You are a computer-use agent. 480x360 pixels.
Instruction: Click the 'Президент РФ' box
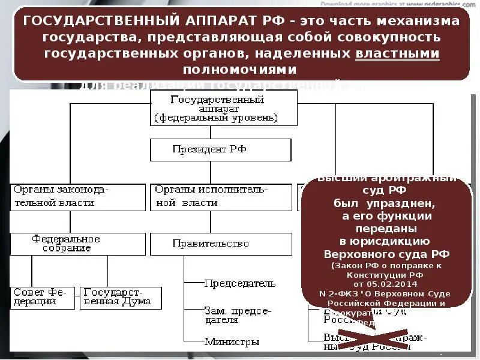[220, 150]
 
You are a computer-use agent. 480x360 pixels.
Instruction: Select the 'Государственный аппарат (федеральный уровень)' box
[223, 109]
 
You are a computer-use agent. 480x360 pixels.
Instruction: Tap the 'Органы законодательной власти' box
[78, 197]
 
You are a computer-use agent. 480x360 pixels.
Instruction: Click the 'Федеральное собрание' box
[78, 244]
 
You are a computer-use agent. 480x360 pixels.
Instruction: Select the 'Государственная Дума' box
[120, 297]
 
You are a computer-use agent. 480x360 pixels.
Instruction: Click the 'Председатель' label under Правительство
[240, 283]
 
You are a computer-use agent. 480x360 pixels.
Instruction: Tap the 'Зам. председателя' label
[238, 316]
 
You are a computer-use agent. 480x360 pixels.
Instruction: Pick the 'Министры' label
[232, 342]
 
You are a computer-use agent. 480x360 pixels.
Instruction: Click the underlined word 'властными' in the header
[398, 53]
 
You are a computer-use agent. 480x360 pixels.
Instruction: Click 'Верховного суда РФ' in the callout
[386, 254]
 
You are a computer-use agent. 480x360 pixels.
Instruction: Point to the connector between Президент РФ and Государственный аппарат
[220, 132]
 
